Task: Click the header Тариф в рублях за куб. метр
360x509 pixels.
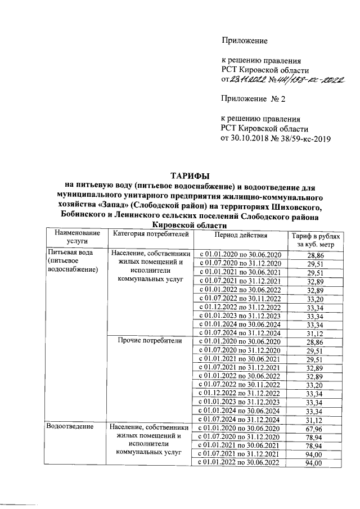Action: (312, 239)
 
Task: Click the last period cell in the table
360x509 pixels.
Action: (240, 462)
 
